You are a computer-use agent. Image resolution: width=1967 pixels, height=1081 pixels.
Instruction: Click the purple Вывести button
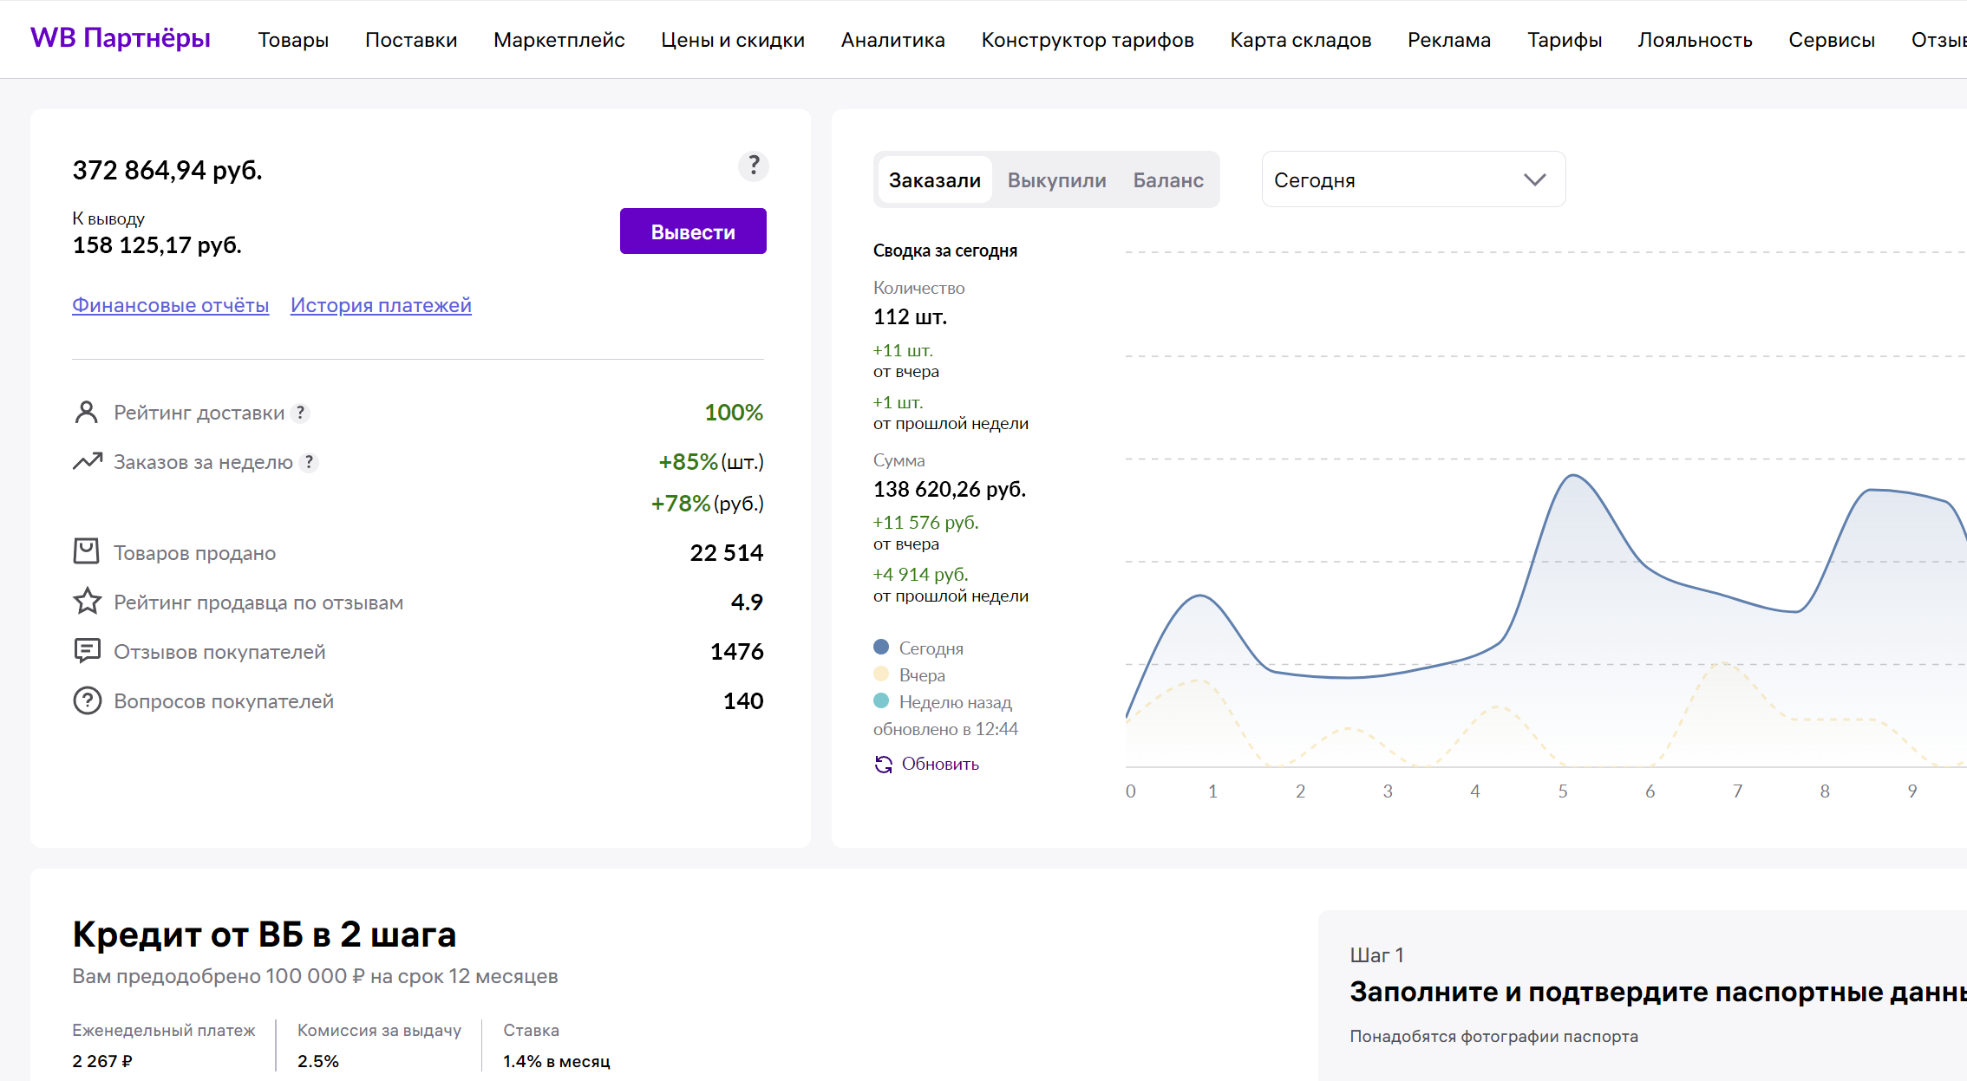(x=693, y=231)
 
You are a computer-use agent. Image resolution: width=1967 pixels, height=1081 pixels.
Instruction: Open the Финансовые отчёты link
(x=170, y=305)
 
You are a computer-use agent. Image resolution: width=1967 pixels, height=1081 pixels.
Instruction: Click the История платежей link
(x=381, y=305)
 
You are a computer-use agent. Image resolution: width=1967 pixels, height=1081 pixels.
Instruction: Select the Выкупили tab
(x=1056, y=180)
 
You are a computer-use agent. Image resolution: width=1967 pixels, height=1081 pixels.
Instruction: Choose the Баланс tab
(x=1168, y=180)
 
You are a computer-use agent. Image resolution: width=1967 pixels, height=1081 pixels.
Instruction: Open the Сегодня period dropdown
(x=1414, y=179)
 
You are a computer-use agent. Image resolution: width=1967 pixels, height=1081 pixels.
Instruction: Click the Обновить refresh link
(x=927, y=764)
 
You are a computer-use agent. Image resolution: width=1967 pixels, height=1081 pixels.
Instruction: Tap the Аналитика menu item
(x=892, y=40)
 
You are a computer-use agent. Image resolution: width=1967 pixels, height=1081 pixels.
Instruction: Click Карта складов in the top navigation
(x=1300, y=40)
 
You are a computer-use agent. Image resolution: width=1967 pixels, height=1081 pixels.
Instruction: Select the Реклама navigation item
(x=1448, y=40)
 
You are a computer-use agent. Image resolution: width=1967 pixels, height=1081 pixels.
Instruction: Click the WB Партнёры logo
(x=121, y=38)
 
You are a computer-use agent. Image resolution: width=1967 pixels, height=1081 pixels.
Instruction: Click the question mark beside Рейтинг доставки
(x=300, y=413)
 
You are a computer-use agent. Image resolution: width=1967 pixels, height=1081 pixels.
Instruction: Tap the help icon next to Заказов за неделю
(x=309, y=462)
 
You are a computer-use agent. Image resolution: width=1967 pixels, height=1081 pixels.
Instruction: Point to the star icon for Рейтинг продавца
(x=87, y=602)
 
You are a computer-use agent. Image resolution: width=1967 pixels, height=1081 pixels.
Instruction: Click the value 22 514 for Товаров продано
(x=726, y=553)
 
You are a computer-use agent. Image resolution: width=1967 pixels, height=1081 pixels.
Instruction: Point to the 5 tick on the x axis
(x=1563, y=791)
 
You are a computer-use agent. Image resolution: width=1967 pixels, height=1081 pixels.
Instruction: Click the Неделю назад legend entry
(x=943, y=702)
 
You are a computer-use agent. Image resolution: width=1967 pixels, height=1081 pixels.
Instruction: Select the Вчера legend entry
(x=909, y=675)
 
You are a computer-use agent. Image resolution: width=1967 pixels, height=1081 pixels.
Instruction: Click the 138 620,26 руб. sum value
(x=950, y=490)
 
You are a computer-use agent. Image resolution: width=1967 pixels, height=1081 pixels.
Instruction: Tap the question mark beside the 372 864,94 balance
(x=754, y=166)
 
